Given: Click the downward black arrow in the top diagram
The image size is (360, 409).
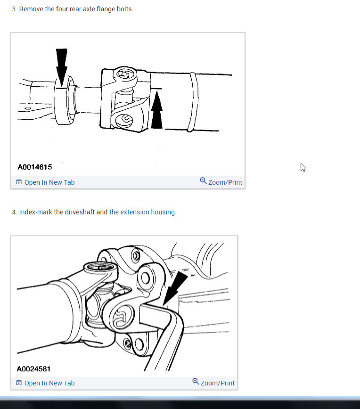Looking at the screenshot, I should tap(61, 66).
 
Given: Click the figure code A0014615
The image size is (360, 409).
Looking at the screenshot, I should tap(35, 167).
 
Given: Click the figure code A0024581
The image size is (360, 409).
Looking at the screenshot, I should tap(34, 368).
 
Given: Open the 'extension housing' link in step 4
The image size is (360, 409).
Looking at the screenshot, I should tap(147, 212).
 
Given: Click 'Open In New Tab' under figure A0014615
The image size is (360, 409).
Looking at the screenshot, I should tap(49, 182).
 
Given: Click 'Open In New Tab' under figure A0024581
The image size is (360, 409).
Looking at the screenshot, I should tap(49, 383).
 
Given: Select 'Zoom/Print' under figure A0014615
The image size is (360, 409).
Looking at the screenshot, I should tap(225, 182).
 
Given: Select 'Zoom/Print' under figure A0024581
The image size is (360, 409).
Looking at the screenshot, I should tap(217, 383).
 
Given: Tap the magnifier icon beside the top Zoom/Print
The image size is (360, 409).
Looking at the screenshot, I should tap(203, 181).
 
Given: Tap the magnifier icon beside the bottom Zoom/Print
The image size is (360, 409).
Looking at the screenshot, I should tap(196, 382).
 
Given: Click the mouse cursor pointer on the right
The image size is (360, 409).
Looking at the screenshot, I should tap(303, 167).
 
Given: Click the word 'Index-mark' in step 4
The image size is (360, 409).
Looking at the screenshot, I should tap(35, 212).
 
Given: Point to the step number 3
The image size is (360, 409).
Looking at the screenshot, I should tap(14, 9).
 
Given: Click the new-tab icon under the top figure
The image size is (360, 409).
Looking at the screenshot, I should tap(19, 182).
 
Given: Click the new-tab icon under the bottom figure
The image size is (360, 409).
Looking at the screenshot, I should tap(19, 383).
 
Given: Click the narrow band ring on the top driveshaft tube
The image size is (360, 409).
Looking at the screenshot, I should tap(192, 101).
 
